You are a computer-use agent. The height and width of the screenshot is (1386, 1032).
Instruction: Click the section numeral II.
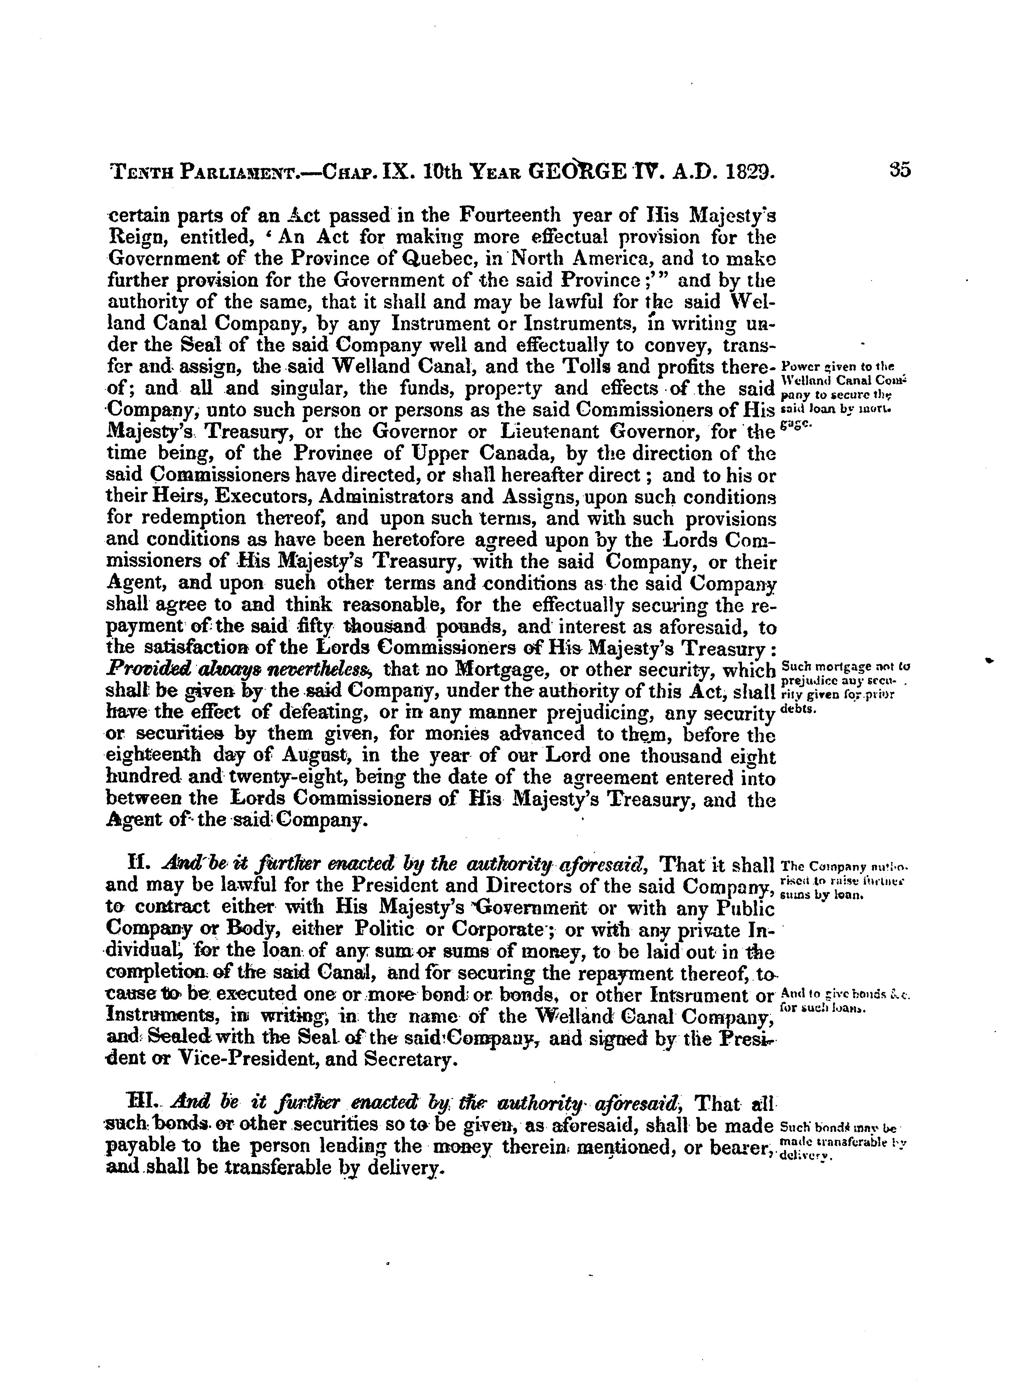(136, 865)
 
